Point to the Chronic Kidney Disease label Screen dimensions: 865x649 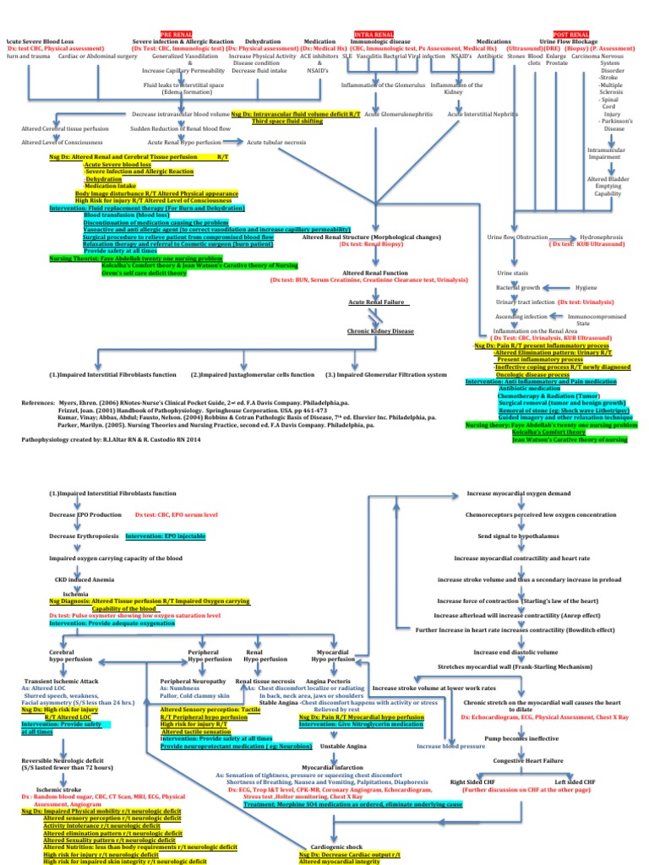(380, 331)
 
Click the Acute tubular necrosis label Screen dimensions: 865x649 (276, 142)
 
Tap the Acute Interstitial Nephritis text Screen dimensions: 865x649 (482, 113)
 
